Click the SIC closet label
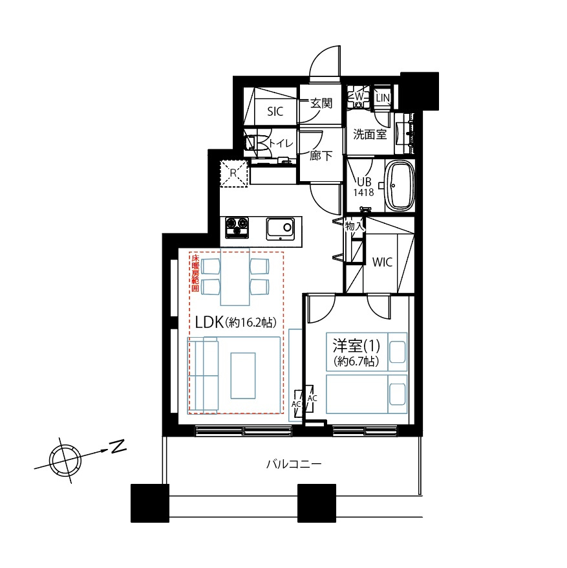pyautogui.click(x=275, y=111)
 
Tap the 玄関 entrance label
pyautogui.click(x=321, y=104)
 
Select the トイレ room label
pyautogui.click(x=281, y=144)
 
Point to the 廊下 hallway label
pyautogui.click(x=321, y=156)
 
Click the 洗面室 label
pyautogui.click(x=370, y=135)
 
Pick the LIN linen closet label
pyautogui.click(x=383, y=98)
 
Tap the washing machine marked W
pyautogui.click(x=358, y=97)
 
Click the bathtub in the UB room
pyautogui.click(x=400, y=186)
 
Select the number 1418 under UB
pyautogui.click(x=363, y=192)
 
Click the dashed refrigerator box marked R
pyautogui.click(x=233, y=173)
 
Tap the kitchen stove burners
pyautogui.click(x=237, y=228)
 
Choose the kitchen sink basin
pyautogui.click(x=280, y=228)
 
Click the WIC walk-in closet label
pyautogui.click(x=382, y=262)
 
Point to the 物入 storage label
pyautogui.click(x=355, y=226)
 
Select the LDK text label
pyautogui.click(x=209, y=322)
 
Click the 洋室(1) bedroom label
pyautogui.click(x=356, y=345)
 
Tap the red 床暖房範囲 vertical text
pyautogui.click(x=195, y=273)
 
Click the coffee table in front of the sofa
pyautogui.click(x=243, y=376)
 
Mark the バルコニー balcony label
pyautogui.click(x=294, y=464)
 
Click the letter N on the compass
pyautogui.click(x=118, y=446)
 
